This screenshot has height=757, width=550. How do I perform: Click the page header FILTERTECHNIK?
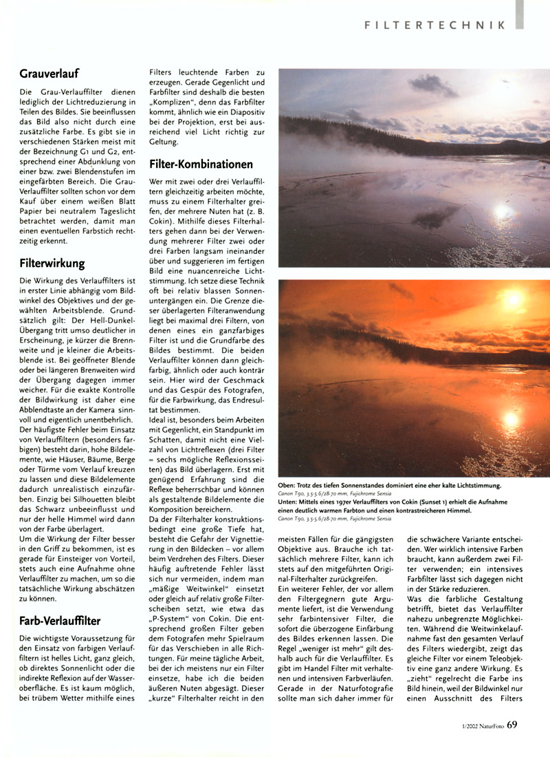[435, 25]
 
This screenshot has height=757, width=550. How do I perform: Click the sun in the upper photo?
[504, 211]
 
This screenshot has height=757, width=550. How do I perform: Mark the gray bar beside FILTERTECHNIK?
[520, 14]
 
